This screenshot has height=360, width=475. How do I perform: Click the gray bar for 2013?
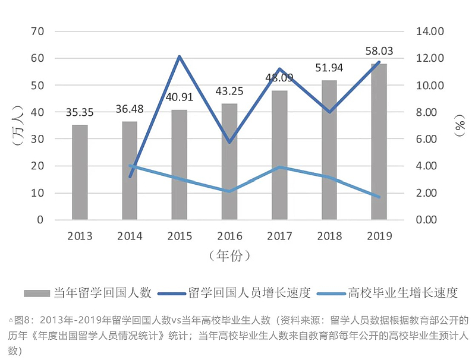(x=80, y=172)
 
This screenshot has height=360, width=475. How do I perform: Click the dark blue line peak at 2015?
(x=180, y=57)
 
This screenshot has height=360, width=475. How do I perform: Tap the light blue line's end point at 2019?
(x=379, y=197)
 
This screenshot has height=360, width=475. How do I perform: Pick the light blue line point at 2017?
(x=279, y=167)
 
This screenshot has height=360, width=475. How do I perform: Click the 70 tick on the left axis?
(x=37, y=31)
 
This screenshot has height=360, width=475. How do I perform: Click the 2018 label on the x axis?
(x=329, y=236)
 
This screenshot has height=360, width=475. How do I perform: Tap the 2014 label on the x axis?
(x=130, y=236)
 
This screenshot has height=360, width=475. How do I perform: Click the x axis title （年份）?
(x=229, y=256)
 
